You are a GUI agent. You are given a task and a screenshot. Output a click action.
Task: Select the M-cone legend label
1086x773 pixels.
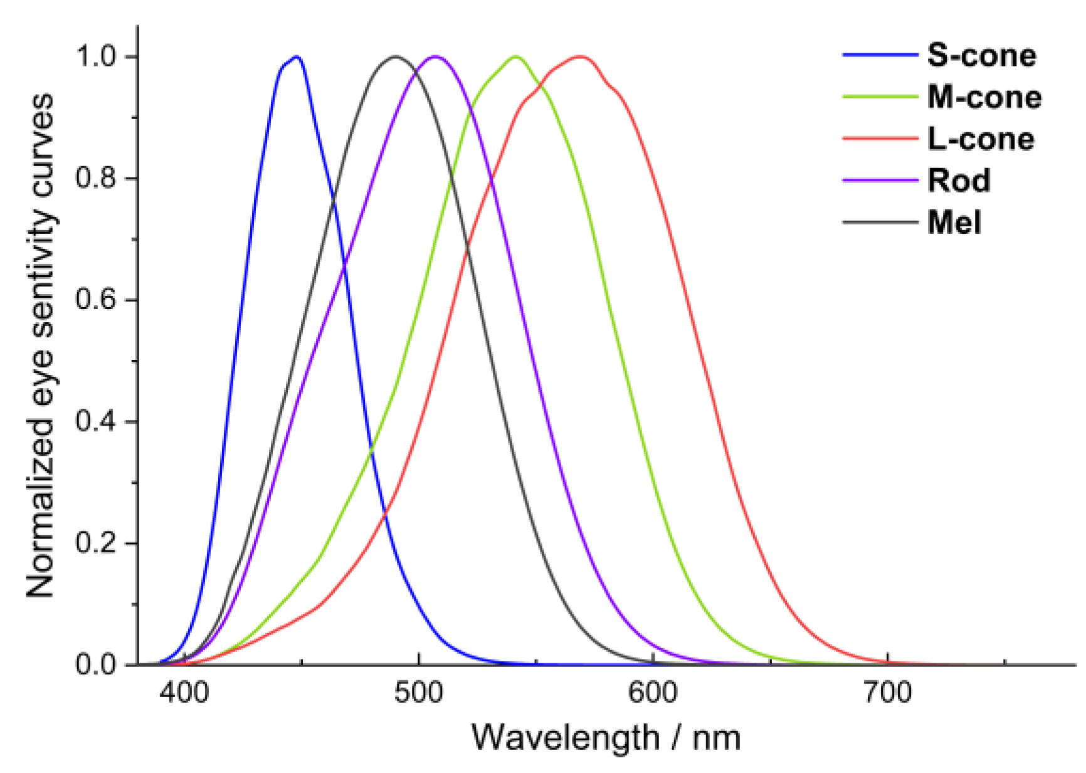point(984,97)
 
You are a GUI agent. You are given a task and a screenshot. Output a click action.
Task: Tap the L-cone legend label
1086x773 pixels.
point(981,139)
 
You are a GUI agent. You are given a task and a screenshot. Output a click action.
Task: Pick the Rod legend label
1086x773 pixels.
point(959,181)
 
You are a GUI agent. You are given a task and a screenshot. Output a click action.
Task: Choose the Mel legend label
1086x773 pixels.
point(954,223)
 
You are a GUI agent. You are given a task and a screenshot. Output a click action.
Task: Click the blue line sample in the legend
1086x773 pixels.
point(880,55)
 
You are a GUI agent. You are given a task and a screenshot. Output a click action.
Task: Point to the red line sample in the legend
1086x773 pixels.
point(880,139)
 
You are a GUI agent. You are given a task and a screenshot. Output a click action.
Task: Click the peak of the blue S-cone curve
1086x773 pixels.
point(296,57)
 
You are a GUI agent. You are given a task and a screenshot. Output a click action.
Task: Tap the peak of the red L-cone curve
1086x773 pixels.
point(581,57)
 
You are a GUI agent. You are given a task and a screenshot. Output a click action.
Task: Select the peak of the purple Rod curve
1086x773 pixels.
point(436,57)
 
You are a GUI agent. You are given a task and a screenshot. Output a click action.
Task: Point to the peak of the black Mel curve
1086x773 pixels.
point(395,57)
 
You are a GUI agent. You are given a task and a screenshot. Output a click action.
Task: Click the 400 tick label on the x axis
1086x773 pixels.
point(184,693)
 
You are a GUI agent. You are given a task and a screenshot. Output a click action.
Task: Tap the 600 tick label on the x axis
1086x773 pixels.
point(653,693)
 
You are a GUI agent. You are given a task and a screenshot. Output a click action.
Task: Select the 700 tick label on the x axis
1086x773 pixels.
point(887,693)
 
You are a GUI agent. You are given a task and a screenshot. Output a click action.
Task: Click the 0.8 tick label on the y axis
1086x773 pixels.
point(96,178)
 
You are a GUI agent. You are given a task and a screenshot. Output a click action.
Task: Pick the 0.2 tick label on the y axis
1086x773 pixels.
point(96,543)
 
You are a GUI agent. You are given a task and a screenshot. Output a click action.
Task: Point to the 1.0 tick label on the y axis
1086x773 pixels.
point(96,56)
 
